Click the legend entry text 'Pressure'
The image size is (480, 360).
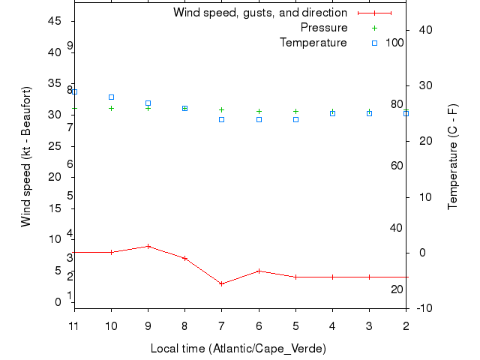(x=324, y=28)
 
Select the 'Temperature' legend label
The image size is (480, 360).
(x=313, y=43)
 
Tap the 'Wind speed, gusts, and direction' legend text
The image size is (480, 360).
(x=260, y=13)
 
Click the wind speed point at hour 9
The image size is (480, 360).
(x=148, y=246)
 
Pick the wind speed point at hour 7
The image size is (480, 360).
(x=222, y=283)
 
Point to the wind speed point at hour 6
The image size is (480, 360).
(x=259, y=271)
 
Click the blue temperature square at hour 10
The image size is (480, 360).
(x=112, y=97)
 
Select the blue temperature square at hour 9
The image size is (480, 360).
(x=148, y=103)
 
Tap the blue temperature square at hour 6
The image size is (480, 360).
(x=259, y=119)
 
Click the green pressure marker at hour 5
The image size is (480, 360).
(x=295, y=111)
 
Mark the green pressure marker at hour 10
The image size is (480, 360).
(x=112, y=108)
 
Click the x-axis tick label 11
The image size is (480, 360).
(x=73, y=325)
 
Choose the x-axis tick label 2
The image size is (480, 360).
(x=406, y=325)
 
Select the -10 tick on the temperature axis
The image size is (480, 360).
(x=422, y=308)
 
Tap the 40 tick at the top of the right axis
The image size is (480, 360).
(x=423, y=30)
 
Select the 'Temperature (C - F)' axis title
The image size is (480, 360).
(x=454, y=157)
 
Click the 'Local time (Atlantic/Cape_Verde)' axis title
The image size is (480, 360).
(x=238, y=349)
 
